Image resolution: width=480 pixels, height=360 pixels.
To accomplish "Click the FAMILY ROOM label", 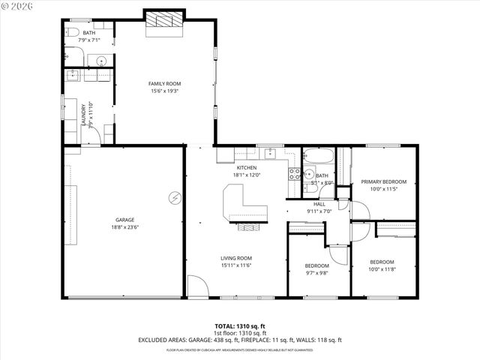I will pos(164,83).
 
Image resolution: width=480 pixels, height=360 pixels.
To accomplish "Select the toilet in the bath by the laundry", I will pos(72,32).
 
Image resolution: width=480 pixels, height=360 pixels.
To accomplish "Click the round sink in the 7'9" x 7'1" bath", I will pos(100,60).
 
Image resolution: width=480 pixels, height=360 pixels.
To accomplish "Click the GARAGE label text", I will pos(124,220).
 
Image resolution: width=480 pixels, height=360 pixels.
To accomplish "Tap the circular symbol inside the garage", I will pos(174,197).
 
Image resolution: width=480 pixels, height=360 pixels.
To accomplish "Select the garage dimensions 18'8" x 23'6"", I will pos(124,227).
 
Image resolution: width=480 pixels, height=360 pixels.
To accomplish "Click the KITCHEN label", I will pos(247,167).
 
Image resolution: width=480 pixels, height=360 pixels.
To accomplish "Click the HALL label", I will pos(319,204).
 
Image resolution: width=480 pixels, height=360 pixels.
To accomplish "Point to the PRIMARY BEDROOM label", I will pos(383,181).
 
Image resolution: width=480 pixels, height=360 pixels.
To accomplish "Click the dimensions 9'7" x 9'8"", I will pos(316,273).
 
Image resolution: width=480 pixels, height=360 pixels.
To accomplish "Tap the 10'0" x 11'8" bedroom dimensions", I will pos(382,269).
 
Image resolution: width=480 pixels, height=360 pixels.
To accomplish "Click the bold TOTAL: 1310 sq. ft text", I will pos(239,326).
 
